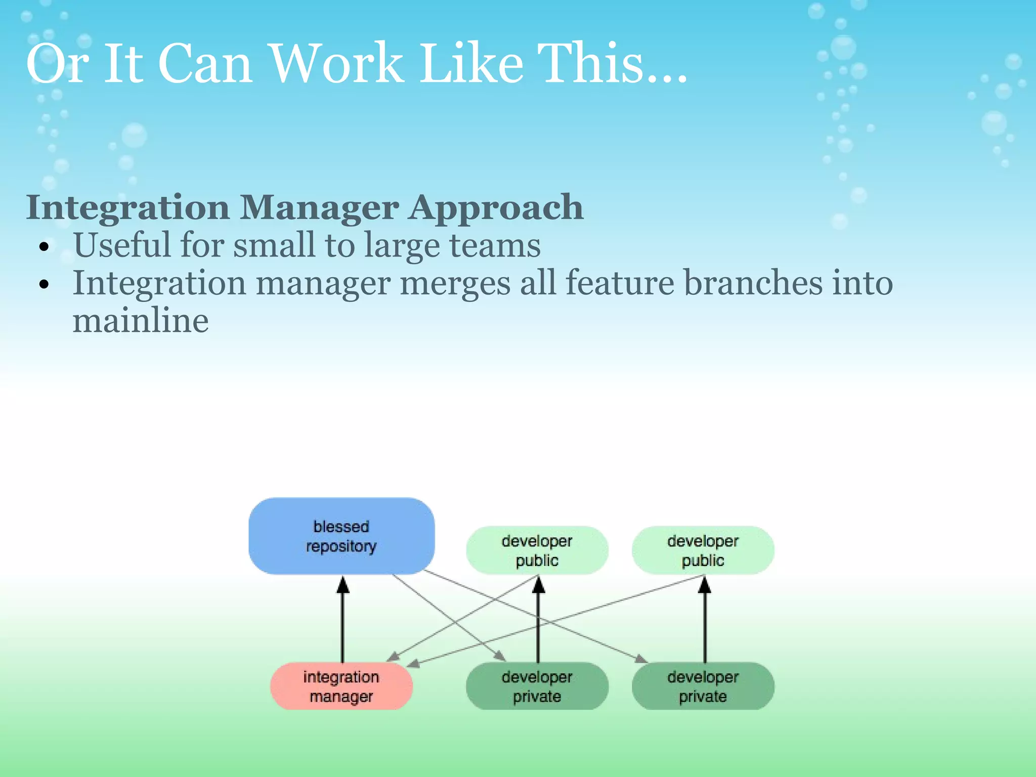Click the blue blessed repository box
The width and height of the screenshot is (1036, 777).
coord(341,536)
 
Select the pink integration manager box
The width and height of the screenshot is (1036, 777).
coord(341,686)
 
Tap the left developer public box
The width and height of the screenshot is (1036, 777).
coord(537,550)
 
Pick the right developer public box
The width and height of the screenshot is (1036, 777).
coord(703,550)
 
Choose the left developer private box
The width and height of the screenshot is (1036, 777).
coord(537,686)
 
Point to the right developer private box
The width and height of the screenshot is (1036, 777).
coord(703,686)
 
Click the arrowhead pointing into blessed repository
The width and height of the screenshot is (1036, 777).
coord(343,585)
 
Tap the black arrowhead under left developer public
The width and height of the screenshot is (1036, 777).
coord(539,585)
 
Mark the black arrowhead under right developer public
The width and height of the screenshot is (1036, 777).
coord(705,585)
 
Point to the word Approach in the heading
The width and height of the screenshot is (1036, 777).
coord(496,208)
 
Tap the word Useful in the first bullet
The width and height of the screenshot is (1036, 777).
coord(121,245)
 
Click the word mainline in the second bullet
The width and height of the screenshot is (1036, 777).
coord(141,321)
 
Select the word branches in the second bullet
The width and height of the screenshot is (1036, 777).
coord(754,283)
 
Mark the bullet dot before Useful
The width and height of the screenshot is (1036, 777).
coord(45,247)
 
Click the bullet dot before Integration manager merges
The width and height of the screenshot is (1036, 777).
coord(45,285)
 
